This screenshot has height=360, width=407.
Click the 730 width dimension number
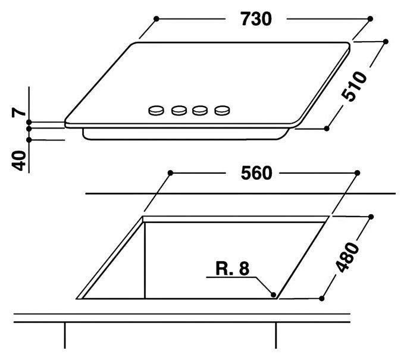(x=256, y=19)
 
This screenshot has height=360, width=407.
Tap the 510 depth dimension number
(x=354, y=86)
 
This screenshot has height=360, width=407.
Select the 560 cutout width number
(x=256, y=173)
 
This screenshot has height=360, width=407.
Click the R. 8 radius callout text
(x=232, y=268)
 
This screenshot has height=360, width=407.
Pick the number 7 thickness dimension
(x=18, y=112)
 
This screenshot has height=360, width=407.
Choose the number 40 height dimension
(x=19, y=161)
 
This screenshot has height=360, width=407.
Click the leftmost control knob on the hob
(x=156, y=110)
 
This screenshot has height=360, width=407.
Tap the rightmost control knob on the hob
(x=222, y=110)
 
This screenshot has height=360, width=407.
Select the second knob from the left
(x=179, y=110)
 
